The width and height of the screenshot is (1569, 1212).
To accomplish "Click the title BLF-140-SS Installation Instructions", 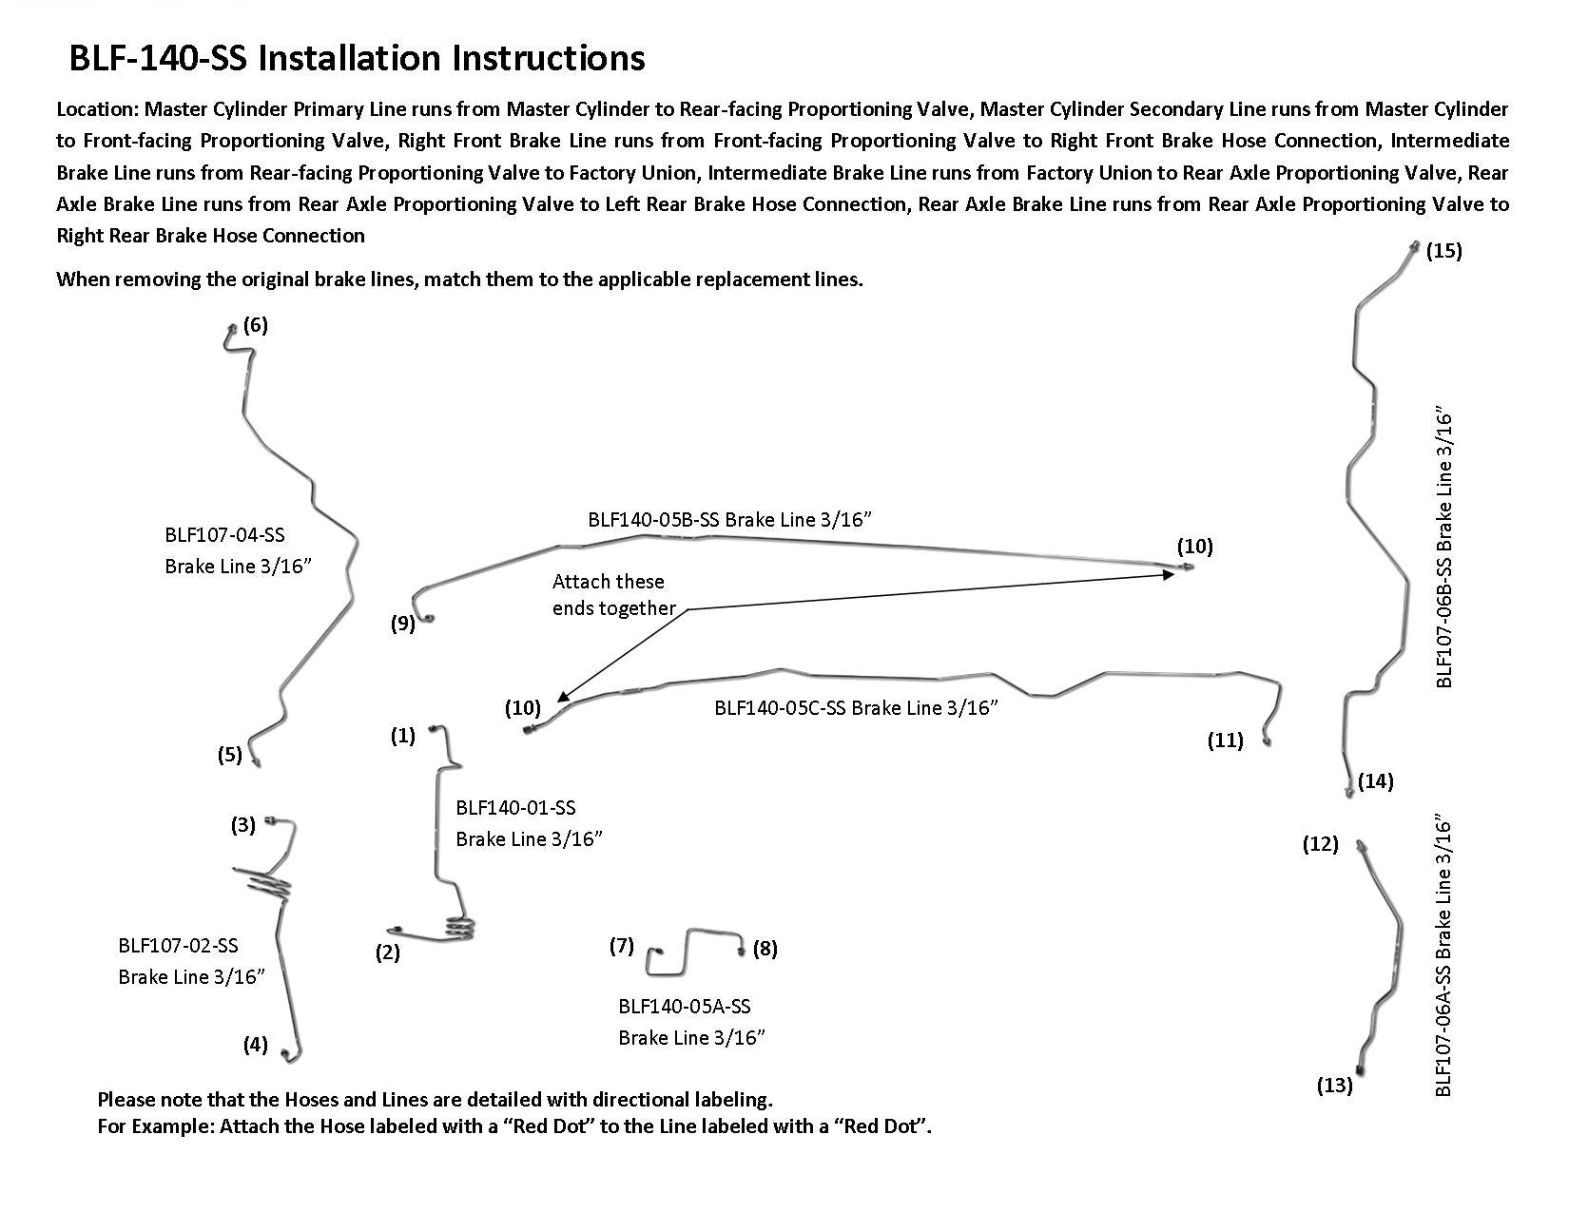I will pos(357,58).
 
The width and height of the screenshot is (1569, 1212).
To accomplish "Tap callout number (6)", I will pos(255,325).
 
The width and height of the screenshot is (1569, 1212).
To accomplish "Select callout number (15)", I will pos(1443,251).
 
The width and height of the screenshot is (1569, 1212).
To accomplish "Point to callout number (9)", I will pos(403,624).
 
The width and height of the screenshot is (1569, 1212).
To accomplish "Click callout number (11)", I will pos(1225,741).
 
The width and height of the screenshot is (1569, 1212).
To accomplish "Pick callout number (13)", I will pos(1334,1085).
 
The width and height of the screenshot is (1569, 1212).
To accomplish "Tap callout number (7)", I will pos(621,946).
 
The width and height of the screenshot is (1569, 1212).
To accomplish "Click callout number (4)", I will pos(255,1045).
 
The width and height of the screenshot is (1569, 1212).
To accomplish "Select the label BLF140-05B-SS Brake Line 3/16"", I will pos(729,519).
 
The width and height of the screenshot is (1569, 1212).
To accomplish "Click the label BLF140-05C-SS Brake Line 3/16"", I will pos(856,707).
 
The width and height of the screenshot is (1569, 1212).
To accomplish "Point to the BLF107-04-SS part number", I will pos(224,535).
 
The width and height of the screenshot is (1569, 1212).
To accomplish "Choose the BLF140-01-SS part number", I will pos(515,808).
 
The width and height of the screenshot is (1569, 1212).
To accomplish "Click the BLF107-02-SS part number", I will pos(178,946).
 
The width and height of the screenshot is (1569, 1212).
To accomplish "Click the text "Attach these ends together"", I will pos(613,595).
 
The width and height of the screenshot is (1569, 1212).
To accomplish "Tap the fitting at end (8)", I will pos(740,950).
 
